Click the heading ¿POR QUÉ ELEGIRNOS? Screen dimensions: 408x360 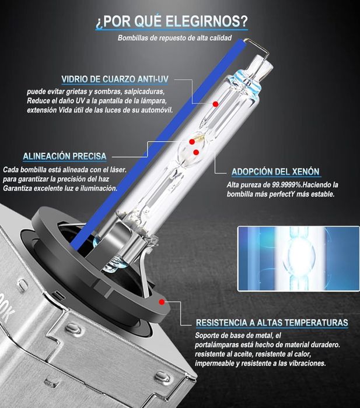tap(171, 22)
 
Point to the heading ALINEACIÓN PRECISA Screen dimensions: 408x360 tap(64, 156)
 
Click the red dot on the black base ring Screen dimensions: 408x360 tap(160, 303)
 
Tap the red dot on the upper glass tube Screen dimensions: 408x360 tap(215, 104)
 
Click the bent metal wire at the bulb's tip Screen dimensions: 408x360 tap(257, 50)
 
